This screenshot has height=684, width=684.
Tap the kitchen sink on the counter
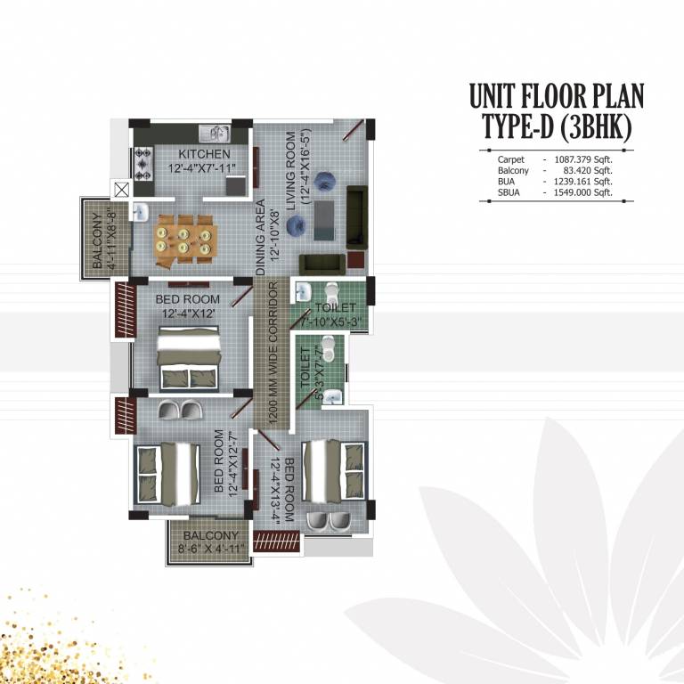coord(215,134)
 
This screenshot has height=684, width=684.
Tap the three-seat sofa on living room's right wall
coord(356,216)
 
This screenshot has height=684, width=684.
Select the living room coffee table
coord(323,219)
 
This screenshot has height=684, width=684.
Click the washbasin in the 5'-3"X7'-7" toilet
coord(331,393)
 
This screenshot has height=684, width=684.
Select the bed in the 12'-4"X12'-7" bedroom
coord(167,471)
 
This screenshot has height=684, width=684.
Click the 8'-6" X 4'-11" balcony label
coord(210,542)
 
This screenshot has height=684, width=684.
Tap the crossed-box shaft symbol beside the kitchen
coord(122,189)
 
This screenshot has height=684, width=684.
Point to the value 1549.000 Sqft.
coord(583,192)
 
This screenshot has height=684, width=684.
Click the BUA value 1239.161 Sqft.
coord(583,181)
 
